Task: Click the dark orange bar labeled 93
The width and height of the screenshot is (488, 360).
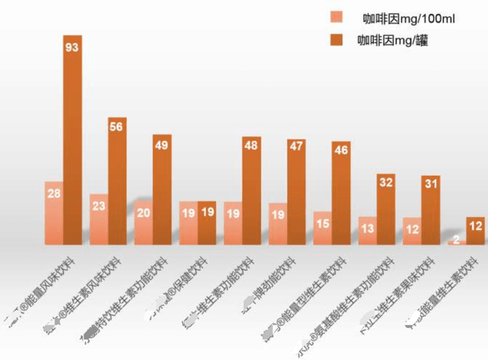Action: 73,138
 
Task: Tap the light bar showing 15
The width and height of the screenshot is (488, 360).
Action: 322,228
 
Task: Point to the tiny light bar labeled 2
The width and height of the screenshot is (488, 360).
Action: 457,242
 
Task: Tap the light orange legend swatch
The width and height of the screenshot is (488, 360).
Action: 336,17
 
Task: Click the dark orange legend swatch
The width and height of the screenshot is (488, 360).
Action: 336,41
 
